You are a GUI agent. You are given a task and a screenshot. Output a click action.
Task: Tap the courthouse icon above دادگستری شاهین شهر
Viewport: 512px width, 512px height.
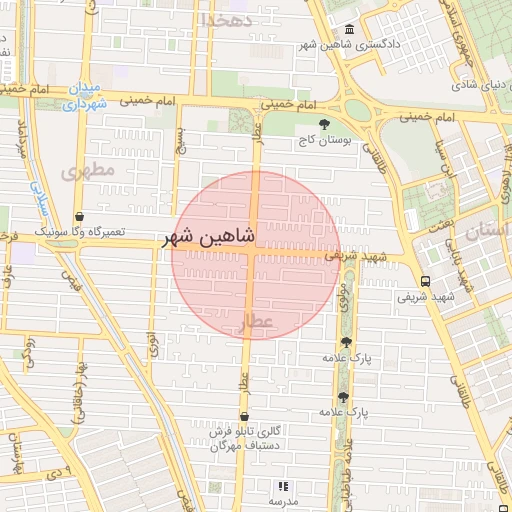(x=348, y=30)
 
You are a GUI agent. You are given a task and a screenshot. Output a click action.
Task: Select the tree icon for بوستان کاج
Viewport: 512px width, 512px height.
(x=322, y=123)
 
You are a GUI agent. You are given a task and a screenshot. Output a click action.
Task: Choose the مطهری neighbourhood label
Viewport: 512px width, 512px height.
(x=89, y=171)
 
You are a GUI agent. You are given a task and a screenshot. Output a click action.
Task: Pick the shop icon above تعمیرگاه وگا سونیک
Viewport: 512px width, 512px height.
(x=79, y=216)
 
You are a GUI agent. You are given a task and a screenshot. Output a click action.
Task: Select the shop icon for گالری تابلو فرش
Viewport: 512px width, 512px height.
(x=244, y=416)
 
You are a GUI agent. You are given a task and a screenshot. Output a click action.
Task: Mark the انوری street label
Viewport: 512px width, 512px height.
(x=152, y=344)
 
